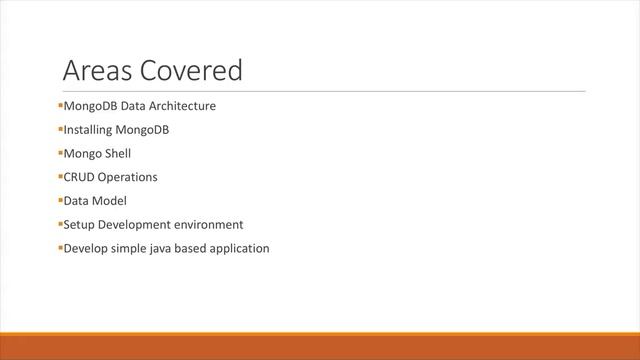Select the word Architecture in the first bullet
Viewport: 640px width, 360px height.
[x=182, y=105]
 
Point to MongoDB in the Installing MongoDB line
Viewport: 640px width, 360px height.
[x=148, y=129]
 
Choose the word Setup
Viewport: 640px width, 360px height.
[x=79, y=225]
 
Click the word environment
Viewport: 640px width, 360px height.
[x=208, y=225]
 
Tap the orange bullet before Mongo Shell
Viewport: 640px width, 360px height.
[x=60, y=153]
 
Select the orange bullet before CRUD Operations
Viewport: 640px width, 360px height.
[x=60, y=177]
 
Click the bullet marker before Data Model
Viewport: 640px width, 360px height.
[x=60, y=201]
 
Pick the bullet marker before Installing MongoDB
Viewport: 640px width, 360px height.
[x=60, y=129]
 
